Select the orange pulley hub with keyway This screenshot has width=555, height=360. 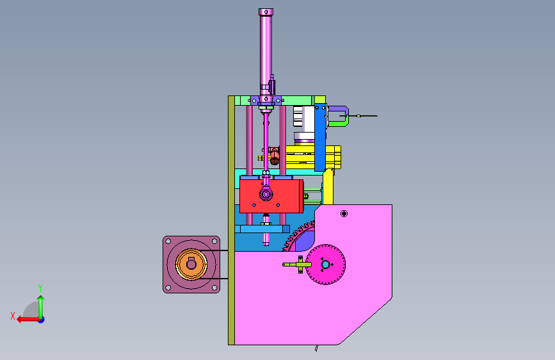coord(191,265)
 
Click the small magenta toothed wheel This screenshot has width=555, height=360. coord(325,265)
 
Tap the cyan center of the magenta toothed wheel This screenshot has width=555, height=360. coord(325,265)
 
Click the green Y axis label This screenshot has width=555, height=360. coord(40,288)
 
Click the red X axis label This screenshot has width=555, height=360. coord(13,316)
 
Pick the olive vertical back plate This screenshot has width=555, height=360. coord(232,220)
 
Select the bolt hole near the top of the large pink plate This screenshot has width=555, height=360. coord(344,213)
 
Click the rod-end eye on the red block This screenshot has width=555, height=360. coord(266,194)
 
